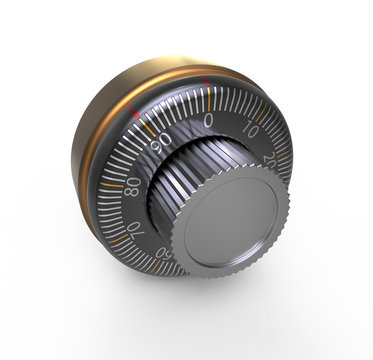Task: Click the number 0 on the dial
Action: tap(208, 121)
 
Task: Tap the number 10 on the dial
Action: tap(250, 131)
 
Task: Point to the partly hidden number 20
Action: tap(271, 159)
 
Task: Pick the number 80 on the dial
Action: tap(133, 186)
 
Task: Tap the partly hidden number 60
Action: tap(161, 256)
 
